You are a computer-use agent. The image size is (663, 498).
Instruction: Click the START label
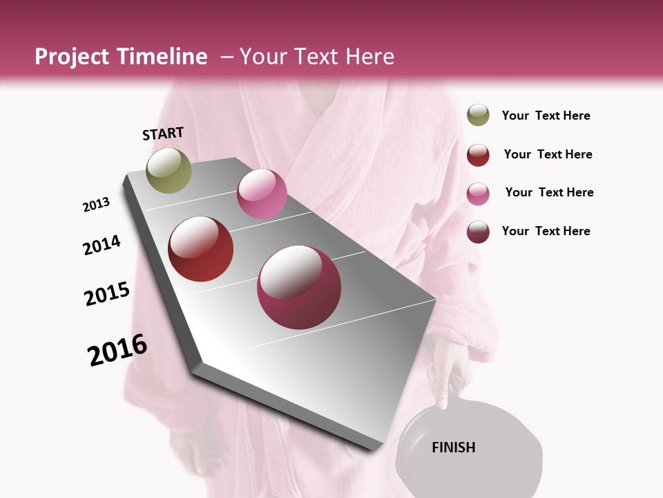163,133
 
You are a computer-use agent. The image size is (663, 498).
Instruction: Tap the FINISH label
454,448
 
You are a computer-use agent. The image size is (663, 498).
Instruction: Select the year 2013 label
96,205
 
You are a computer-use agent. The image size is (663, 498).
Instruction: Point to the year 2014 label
102,245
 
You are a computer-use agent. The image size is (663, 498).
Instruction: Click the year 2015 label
107,294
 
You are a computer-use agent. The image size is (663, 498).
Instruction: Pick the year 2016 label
117,350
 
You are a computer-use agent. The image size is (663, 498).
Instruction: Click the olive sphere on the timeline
169,170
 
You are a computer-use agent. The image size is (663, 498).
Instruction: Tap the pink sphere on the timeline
262,194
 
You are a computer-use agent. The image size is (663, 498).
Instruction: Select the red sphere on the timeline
201,249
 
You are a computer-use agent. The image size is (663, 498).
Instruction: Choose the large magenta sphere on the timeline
299,287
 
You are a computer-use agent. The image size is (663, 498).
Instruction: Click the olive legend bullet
478,116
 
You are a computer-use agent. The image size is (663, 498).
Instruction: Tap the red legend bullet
478,155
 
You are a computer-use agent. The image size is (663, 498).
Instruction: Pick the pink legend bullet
478,194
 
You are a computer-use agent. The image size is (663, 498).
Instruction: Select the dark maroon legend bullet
478,232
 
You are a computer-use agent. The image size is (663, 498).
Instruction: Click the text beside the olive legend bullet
546,116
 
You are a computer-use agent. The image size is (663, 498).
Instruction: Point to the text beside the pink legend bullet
549,192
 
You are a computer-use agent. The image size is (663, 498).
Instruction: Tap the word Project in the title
71,57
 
